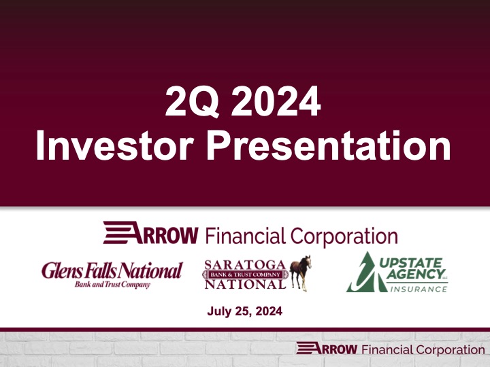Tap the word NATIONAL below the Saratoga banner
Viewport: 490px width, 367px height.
[x=246, y=285]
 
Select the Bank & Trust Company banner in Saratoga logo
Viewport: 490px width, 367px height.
[x=246, y=273]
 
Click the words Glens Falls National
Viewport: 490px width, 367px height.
[x=112, y=270]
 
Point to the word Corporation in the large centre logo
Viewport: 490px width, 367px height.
[x=344, y=236]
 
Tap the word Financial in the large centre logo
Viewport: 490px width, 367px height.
[x=246, y=236]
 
